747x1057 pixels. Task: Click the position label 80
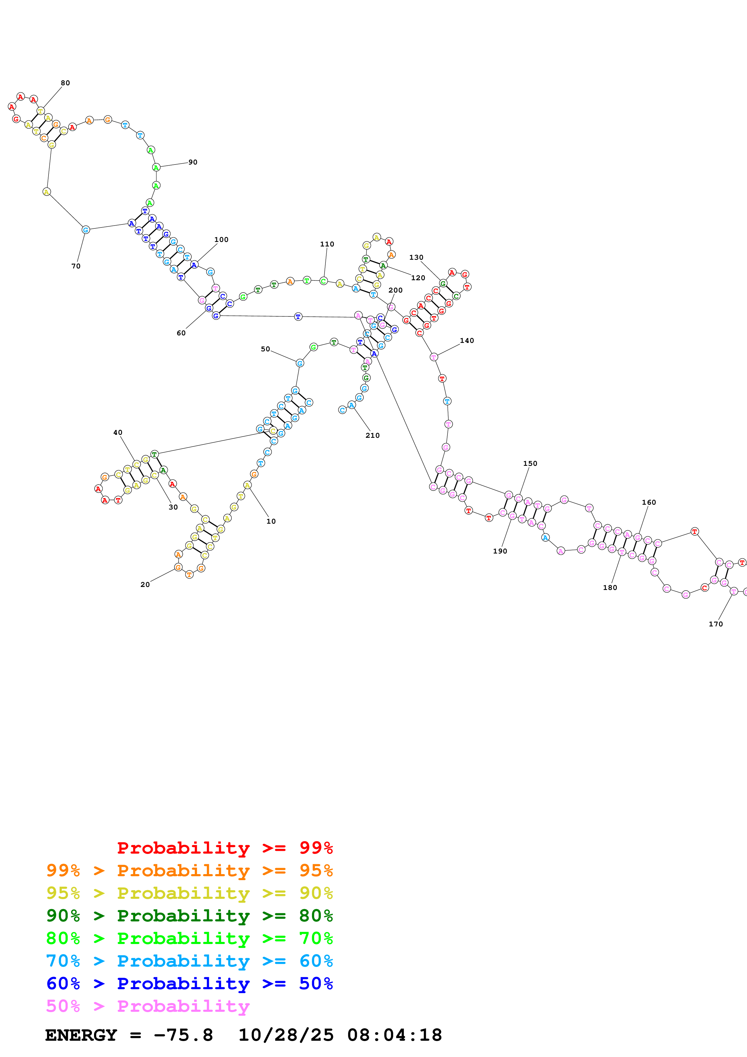(65, 83)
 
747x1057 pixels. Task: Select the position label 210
(372, 435)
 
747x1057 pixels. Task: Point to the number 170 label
(715, 624)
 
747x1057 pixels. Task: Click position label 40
(118, 432)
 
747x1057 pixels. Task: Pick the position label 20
(145, 585)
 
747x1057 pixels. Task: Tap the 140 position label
(467, 341)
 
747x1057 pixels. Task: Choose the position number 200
(395, 290)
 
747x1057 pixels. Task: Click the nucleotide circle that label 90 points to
(156, 168)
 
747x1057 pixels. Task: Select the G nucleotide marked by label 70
(86, 230)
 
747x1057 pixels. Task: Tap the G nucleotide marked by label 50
(300, 363)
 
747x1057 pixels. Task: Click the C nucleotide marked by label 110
(324, 281)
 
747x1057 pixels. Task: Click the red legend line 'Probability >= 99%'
(224, 848)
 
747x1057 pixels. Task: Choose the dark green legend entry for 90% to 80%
(190, 916)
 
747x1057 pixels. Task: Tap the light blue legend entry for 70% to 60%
(190, 961)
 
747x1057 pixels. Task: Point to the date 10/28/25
(286, 1035)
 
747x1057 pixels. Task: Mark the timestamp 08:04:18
(394, 1035)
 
